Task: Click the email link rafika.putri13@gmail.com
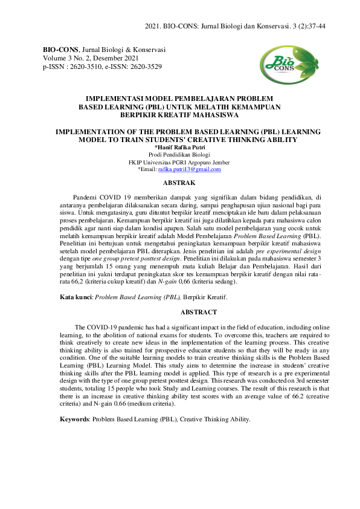coord(189,170)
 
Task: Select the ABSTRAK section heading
coord(179,182)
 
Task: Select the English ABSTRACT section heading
coord(179,312)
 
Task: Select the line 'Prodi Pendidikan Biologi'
coord(179,154)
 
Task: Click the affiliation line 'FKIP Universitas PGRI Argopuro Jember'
coord(179,162)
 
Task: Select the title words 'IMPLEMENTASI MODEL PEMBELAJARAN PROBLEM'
coord(179,97)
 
